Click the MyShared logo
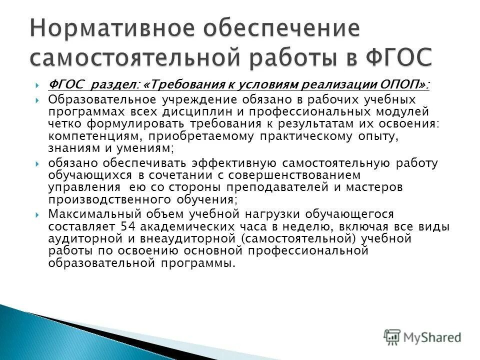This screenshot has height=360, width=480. pyautogui.click(x=423, y=336)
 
